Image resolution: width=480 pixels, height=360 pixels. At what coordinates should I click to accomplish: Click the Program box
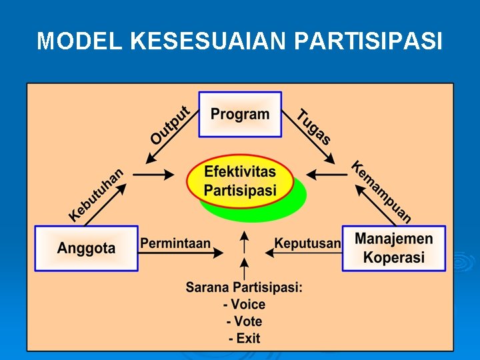(240, 114)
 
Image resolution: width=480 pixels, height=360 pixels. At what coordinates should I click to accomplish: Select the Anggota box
(86, 249)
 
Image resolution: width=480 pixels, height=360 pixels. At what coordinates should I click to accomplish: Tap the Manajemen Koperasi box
(394, 248)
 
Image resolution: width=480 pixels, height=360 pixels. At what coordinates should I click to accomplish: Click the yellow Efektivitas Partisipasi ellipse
(240, 181)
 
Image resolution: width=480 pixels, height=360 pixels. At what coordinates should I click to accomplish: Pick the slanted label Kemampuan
(382, 191)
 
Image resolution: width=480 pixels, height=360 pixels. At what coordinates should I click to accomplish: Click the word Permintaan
(175, 243)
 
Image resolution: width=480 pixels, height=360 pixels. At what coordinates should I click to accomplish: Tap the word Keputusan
(307, 243)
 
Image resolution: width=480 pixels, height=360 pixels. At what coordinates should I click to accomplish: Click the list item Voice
(244, 305)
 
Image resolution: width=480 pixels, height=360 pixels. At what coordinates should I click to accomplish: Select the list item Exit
(244, 338)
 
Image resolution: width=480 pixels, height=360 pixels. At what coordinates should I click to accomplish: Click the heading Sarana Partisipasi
(244, 288)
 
